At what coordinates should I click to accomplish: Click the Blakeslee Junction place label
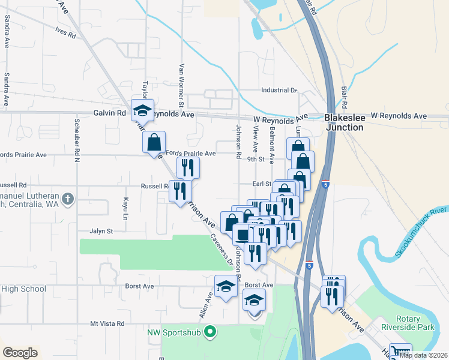344,122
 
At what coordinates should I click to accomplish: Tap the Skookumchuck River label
423,233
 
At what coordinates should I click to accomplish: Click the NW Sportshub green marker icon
209,331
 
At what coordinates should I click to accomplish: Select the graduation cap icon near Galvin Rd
143,110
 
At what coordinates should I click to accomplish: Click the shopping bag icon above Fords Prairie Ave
154,143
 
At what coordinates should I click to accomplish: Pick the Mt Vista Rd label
107,323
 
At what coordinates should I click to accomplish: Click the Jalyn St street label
101,231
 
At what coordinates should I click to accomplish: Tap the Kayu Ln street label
126,206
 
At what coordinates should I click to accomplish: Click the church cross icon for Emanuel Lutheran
68,198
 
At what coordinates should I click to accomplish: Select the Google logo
20,353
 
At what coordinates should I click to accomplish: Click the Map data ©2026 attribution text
424,355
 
